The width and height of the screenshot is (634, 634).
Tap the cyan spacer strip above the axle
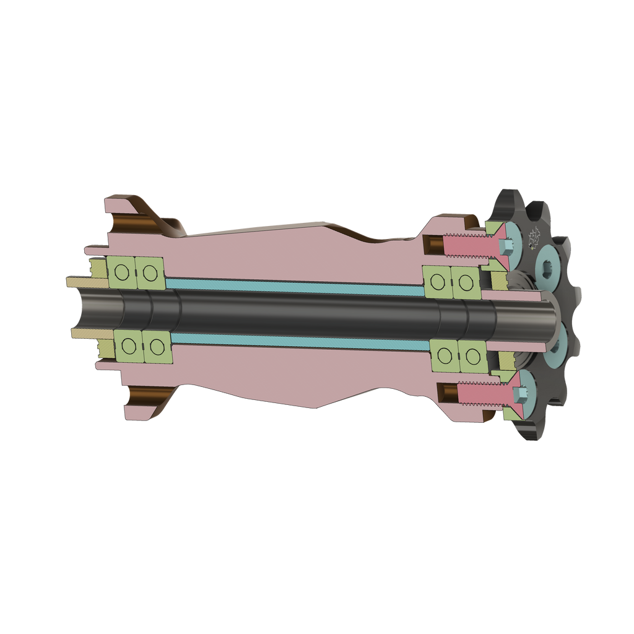(x=291, y=283)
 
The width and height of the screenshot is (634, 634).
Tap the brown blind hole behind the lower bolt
(x=447, y=392)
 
